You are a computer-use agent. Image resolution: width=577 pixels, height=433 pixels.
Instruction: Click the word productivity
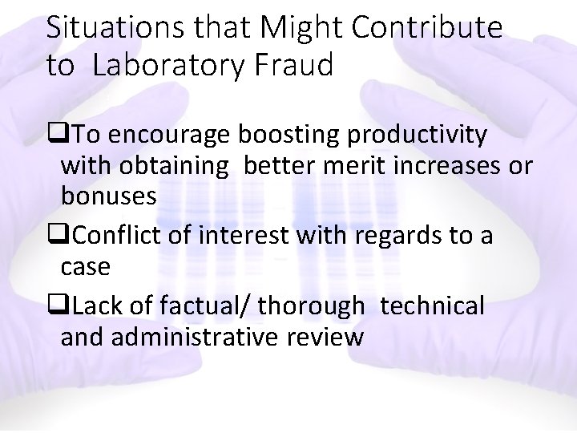point(417,136)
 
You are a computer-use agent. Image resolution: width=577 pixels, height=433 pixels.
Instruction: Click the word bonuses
point(108,196)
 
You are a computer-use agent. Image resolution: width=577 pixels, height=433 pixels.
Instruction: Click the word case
point(85,266)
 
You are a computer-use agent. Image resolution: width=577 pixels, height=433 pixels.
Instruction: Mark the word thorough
point(316,306)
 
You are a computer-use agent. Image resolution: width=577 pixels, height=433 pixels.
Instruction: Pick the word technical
point(432,306)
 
